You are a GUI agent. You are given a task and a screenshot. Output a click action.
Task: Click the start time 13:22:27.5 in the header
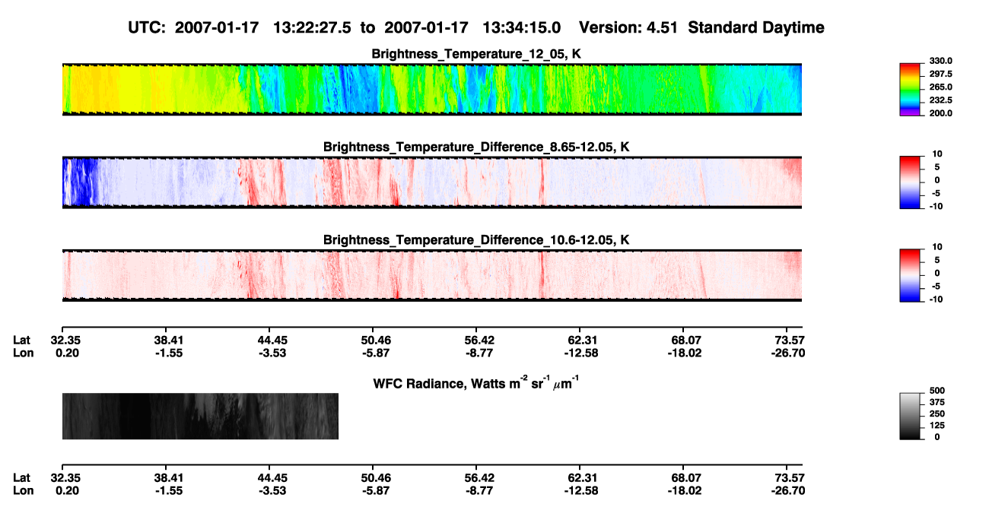(x=312, y=28)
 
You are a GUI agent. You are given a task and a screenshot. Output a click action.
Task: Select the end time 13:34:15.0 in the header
(x=521, y=28)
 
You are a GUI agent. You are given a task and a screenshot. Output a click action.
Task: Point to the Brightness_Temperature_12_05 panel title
(x=476, y=54)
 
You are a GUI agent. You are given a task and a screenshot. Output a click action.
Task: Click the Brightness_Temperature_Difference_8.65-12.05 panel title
(x=476, y=147)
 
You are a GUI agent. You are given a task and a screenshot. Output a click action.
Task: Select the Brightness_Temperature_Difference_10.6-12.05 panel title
(x=476, y=240)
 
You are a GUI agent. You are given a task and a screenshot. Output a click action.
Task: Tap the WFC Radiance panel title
(x=476, y=383)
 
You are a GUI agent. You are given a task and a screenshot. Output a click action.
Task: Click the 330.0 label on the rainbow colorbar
(x=940, y=61)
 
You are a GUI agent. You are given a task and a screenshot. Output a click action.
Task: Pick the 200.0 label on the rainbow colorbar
(x=940, y=113)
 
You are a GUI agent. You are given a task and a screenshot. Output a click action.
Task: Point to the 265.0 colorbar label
(x=940, y=87)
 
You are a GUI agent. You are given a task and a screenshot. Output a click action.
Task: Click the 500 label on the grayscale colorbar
(x=937, y=391)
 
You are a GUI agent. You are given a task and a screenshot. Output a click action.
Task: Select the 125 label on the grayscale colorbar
(x=937, y=426)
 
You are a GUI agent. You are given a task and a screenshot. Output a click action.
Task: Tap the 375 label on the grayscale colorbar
(x=937, y=402)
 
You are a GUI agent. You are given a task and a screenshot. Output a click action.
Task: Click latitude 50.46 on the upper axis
(x=376, y=341)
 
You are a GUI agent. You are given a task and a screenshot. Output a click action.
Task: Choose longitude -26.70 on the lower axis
(x=788, y=491)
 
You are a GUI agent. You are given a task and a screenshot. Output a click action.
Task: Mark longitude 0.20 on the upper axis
(x=67, y=353)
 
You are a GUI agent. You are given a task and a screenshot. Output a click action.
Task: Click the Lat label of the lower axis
(x=21, y=478)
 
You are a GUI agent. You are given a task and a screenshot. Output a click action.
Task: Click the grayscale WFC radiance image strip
(x=200, y=416)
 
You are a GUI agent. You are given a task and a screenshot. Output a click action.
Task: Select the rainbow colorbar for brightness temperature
(x=910, y=90)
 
